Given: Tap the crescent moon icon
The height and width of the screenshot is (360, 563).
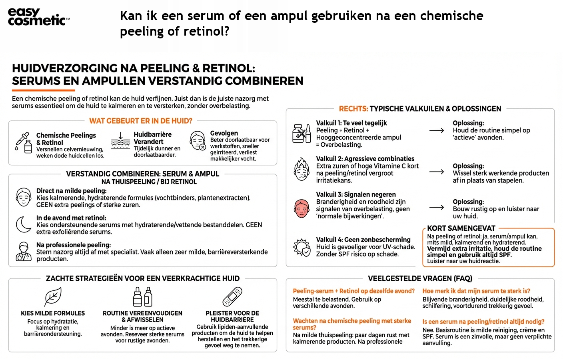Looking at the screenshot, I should (x=24, y=224).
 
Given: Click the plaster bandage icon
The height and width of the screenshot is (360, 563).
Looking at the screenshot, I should (x=232, y=297).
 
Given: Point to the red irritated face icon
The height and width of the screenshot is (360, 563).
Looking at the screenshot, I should (x=301, y=208).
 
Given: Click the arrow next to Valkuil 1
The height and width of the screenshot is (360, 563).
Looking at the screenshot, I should (x=436, y=130).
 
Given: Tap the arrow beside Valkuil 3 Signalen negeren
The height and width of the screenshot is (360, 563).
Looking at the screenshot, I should (x=436, y=207).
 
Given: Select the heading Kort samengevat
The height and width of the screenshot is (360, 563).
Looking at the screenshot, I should (x=461, y=228).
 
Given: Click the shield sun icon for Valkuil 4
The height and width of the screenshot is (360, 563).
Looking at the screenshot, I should (x=302, y=247).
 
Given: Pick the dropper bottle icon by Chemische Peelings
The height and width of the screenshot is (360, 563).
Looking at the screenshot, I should (x=24, y=143).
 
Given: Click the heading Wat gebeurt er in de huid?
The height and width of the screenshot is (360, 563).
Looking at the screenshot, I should (x=141, y=121).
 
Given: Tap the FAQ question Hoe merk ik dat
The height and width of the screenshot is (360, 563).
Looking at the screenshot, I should (x=476, y=291).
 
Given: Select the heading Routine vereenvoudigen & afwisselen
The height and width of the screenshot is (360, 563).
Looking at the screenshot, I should (x=142, y=316).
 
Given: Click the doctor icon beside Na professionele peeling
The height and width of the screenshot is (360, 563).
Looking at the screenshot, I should (x=24, y=252).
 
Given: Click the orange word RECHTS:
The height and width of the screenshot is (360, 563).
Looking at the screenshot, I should (x=353, y=109).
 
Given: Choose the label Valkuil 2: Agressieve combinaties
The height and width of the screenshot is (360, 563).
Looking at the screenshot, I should (x=365, y=159).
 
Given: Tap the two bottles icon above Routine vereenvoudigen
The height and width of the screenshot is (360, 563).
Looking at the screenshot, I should (x=142, y=297).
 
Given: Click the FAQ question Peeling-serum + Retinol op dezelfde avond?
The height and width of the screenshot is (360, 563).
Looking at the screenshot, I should (x=353, y=291).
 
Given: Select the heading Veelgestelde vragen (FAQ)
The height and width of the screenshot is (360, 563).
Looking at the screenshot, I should (x=420, y=278).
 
